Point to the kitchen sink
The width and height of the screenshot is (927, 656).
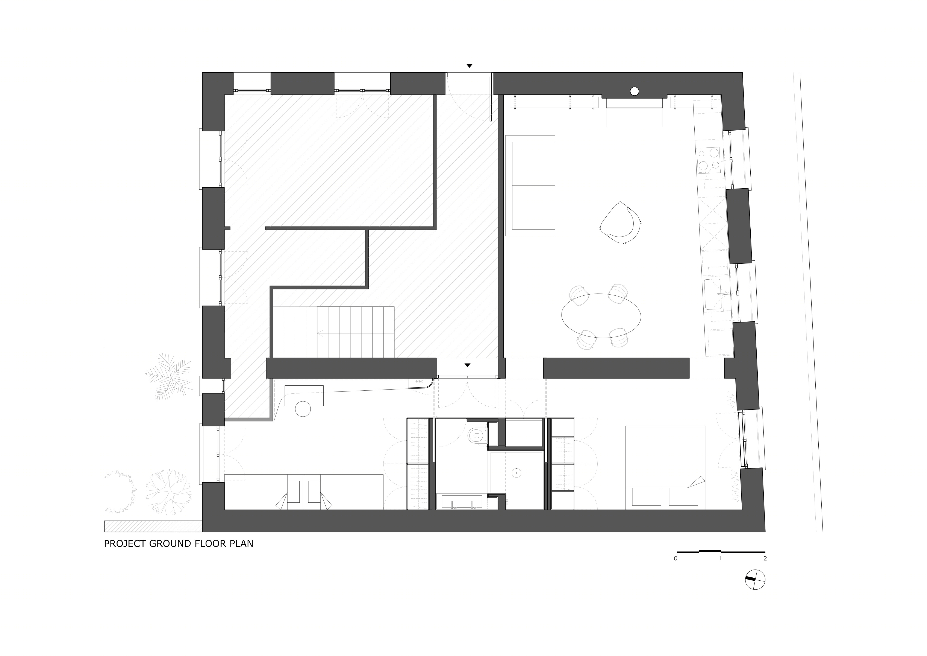tap(713, 294)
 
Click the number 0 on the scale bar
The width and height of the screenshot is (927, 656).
tap(676, 559)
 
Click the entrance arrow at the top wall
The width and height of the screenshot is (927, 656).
tap(469, 65)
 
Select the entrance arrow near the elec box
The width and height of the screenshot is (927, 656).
tap(468, 365)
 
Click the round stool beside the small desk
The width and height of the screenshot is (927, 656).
tap(303, 409)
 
